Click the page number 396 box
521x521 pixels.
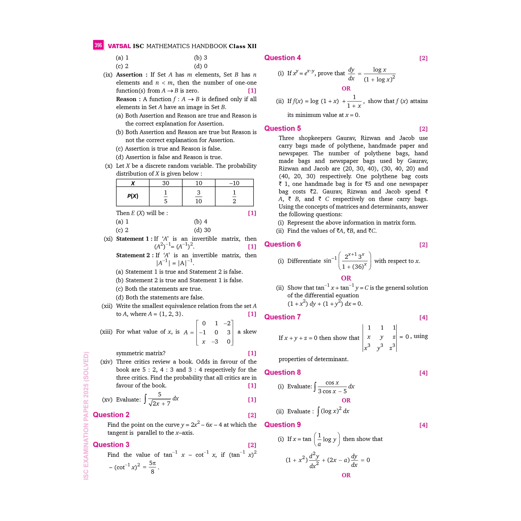point(98,45)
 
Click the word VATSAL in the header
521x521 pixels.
point(119,46)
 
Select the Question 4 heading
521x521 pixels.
point(282,58)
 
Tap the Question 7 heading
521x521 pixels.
point(282,317)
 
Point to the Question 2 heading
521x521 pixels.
point(111,415)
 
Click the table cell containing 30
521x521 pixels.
point(165,183)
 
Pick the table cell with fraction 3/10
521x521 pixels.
point(198,197)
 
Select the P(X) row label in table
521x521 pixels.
point(133,196)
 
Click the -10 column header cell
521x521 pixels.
point(234,183)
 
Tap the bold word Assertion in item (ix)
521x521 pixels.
point(129,75)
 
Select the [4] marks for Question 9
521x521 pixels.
point(423,425)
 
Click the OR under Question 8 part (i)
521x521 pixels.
point(346,400)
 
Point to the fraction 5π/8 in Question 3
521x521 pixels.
point(152,467)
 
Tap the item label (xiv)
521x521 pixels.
point(106,362)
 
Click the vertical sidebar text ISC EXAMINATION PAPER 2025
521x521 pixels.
point(86,415)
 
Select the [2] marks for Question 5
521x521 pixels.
point(423,129)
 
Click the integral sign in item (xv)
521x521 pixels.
point(145,399)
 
